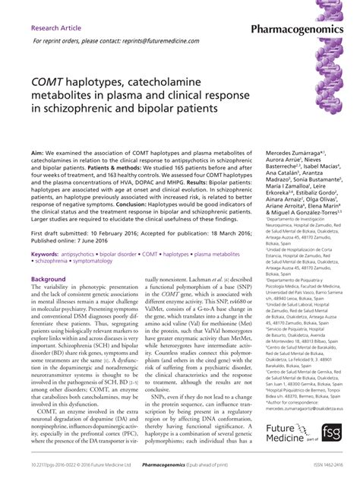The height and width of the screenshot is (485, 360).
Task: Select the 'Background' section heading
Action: click(x=49, y=280)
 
